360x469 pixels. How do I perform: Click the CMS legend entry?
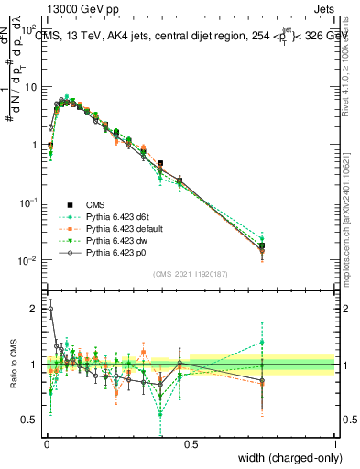click(98, 203)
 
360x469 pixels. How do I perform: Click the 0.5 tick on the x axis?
click(191, 445)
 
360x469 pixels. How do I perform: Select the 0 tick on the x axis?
click(46, 445)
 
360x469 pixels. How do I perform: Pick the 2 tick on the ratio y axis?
click(35, 309)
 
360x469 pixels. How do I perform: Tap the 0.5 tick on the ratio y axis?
click(30, 420)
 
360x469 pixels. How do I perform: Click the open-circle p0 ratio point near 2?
click(50, 309)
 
